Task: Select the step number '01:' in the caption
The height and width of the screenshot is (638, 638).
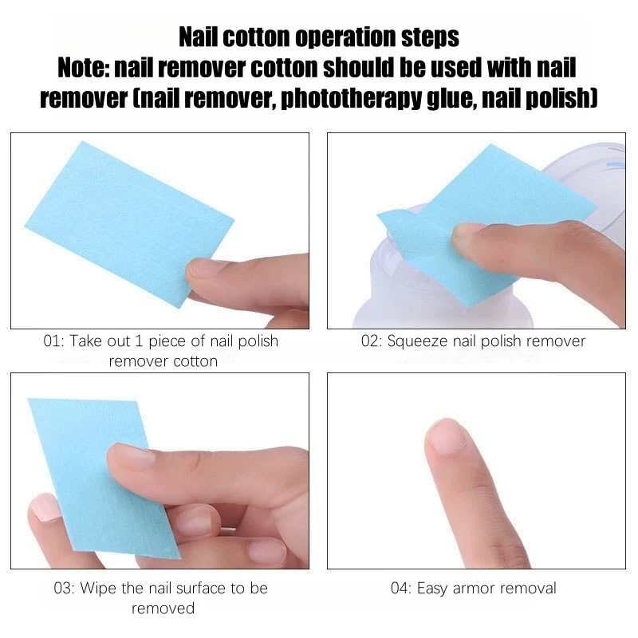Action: click(53, 341)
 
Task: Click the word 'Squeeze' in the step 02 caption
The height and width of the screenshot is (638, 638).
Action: click(418, 341)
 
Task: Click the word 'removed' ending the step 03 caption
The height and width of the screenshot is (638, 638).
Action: click(163, 608)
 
